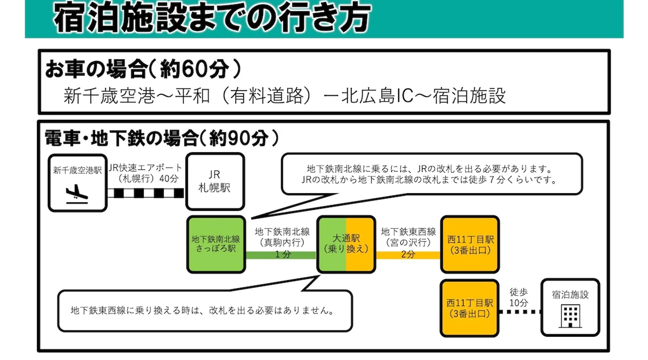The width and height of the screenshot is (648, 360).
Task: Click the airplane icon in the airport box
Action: [77, 194]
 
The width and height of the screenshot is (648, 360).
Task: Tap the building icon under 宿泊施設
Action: [570, 316]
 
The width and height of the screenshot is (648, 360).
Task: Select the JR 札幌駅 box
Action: [215, 181]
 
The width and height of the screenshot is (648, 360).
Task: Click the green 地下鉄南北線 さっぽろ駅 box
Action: [216, 244]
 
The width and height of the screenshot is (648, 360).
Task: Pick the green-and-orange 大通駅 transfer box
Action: [346, 244]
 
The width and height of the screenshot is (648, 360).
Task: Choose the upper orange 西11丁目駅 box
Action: [470, 244]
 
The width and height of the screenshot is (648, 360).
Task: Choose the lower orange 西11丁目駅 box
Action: [469, 308]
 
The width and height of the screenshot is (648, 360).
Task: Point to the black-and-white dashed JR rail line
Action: [146, 193]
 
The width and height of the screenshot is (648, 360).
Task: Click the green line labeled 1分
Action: [281, 255]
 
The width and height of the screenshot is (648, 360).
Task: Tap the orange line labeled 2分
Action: [408, 255]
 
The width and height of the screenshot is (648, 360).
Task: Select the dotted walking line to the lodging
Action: [519, 312]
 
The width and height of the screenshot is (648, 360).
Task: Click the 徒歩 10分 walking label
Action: [519, 297]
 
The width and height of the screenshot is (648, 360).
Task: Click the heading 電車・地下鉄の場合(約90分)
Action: [162, 138]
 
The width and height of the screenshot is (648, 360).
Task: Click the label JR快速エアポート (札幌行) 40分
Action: [146, 173]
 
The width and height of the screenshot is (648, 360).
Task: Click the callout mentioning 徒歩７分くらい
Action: [431, 174]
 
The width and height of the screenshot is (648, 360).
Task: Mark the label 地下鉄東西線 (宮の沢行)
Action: [408, 237]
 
